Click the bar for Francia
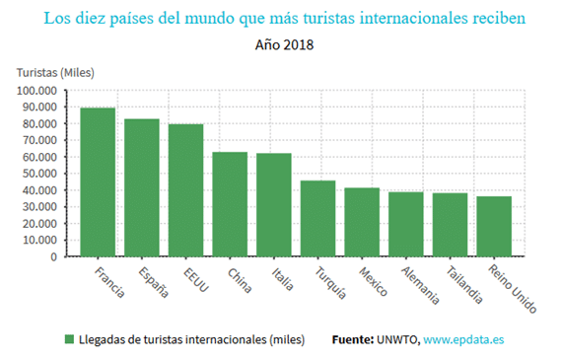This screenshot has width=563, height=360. pyautogui.click(x=98, y=181)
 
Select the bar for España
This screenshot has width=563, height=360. pyautogui.click(x=142, y=187)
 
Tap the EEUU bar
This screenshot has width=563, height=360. pyautogui.click(x=185, y=190)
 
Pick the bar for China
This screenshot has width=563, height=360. pyautogui.click(x=230, y=204)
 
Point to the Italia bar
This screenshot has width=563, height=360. pyautogui.click(x=274, y=205)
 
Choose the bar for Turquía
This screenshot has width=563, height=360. pyautogui.click(x=317, y=218)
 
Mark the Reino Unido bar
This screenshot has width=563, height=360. pyautogui.click(x=494, y=226)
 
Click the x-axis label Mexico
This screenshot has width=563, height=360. pyautogui.click(x=373, y=282)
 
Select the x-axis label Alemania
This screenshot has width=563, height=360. pyautogui.click(x=420, y=286)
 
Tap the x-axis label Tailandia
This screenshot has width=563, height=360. pyautogui.click(x=464, y=285)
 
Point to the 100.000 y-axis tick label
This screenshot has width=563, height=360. pyautogui.click(x=36, y=91)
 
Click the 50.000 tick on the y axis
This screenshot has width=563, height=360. pyautogui.click(x=39, y=174)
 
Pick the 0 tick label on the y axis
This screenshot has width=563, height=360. pyautogui.click(x=54, y=256)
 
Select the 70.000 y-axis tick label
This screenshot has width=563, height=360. pyautogui.click(x=39, y=140)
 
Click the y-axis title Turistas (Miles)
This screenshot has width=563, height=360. pyautogui.click(x=55, y=73)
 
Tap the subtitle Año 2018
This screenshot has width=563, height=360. pyautogui.click(x=284, y=45)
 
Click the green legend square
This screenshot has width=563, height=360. pyautogui.click(x=69, y=339)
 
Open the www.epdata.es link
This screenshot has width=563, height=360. pyautogui.click(x=463, y=339)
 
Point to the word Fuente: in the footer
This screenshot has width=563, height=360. pyautogui.click(x=353, y=339)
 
